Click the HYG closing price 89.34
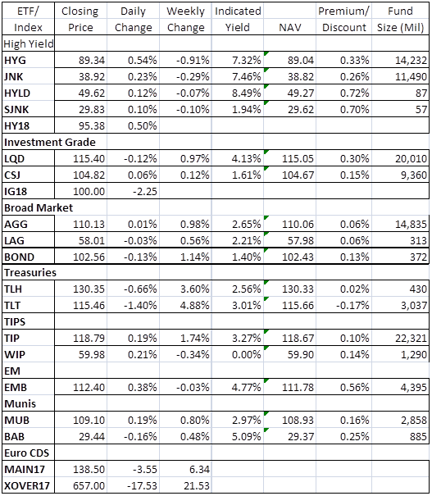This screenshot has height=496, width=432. (x=91, y=60)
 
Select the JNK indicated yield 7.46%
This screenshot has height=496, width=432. (x=247, y=76)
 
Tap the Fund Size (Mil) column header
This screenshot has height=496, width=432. (x=400, y=20)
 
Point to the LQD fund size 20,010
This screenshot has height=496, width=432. (x=411, y=158)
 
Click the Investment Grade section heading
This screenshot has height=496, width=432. (x=50, y=142)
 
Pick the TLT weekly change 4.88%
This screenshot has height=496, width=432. (x=195, y=305)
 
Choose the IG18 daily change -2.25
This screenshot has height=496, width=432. (x=145, y=191)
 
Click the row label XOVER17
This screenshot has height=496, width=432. (x=27, y=485)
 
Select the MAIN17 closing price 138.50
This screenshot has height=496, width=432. (x=89, y=469)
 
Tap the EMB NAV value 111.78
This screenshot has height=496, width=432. (x=298, y=387)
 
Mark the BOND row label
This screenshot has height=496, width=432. (x=19, y=257)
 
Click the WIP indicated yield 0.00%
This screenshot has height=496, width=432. (x=247, y=355)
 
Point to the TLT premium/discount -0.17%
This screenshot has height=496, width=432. (x=352, y=305)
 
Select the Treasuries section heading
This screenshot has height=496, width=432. (x=30, y=273)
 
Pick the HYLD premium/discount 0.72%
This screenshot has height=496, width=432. (x=354, y=93)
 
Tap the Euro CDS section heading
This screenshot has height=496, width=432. (x=26, y=453)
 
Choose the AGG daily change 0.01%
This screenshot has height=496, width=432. (x=143, y=225)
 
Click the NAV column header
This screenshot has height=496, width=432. (x=289, y=28)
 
